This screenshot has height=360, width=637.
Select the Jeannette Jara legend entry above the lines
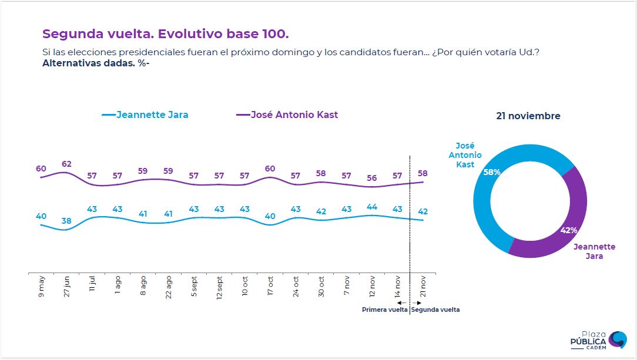coord(145,115)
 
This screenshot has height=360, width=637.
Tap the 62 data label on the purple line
coord(66,164)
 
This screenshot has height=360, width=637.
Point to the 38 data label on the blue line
coord(66,221)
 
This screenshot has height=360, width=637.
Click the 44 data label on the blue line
coord(371,207)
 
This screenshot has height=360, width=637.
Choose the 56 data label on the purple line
coord(371,179)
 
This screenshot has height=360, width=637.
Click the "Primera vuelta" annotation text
coord(384,310)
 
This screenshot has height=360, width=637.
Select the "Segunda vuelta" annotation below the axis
coord(435,310)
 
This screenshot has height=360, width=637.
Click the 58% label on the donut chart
coord(492,173)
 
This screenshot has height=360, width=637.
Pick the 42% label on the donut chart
coord(568,231)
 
